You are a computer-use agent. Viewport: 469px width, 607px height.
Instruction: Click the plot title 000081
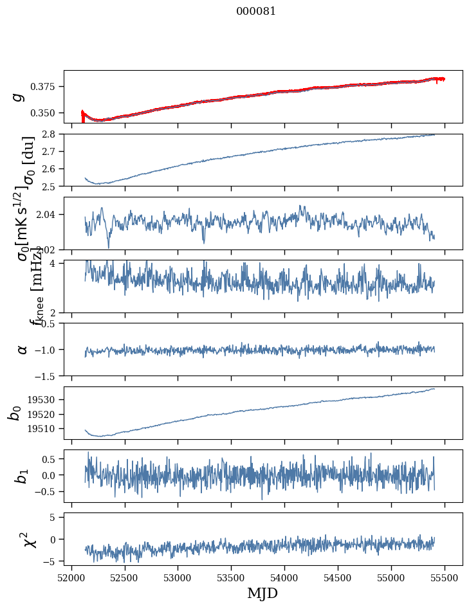256,12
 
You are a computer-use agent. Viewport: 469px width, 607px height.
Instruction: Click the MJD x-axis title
262,593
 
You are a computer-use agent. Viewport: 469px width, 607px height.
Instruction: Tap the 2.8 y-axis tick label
51,134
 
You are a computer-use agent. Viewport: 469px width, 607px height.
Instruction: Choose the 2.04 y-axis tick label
49,214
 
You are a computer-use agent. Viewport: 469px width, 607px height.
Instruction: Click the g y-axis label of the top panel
19,96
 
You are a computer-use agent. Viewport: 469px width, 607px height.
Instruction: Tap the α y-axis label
23,349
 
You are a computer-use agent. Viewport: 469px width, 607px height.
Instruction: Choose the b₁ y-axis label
23,476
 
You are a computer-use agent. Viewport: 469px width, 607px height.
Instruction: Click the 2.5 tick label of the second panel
51,186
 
